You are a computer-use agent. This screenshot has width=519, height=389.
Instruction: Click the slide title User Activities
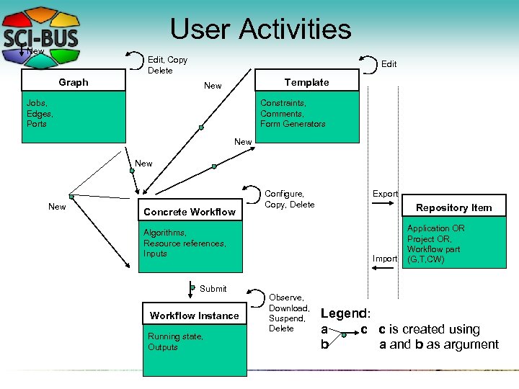point(260,30)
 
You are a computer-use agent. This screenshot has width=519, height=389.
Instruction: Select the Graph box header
point(74,82)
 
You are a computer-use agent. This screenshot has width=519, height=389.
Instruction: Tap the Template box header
point(306,82)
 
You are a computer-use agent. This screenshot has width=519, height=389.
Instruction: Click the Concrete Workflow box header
point(190,212)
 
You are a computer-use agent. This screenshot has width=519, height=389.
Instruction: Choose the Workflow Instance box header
point(194,316)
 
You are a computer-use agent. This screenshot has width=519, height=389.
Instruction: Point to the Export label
point(385,194)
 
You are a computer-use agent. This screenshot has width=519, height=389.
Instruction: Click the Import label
point(385,259)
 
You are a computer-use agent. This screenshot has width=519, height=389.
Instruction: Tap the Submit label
point(213,289)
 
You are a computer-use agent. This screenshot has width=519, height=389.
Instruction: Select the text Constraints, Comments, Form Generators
point(293,114)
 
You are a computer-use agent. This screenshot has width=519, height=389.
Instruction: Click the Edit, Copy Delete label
point(167,65)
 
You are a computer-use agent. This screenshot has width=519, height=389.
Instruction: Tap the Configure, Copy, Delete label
point(290,199)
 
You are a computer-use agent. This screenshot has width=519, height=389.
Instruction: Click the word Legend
point(345,313)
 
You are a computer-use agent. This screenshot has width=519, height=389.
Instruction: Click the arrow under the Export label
point(385,205)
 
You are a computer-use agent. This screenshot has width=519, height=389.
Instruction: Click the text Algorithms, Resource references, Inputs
point(185,243)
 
